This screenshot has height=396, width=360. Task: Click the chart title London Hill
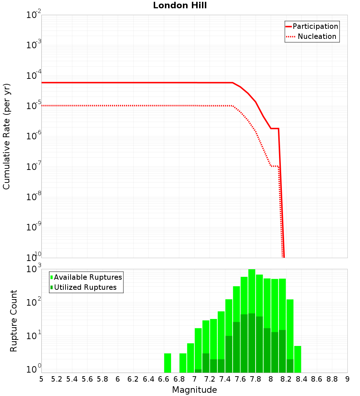click(x=180, y=6)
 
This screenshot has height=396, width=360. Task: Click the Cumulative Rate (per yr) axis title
click(x=6, y=136)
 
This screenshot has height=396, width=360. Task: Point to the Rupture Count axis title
click(x=14, y=321)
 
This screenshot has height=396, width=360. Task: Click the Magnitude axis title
click(x=194, y=390)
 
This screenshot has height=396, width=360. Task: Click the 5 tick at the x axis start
click(x=41, y=379)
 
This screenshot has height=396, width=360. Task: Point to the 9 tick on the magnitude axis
click(x=347, y=379)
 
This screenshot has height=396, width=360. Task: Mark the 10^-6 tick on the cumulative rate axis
click(x=34, y=136)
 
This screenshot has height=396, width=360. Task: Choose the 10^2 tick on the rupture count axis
click(x=35, y=302)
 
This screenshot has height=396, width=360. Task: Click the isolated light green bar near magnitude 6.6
click(x=167, y=363)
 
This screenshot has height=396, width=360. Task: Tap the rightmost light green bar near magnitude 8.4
click(x=298, y=359)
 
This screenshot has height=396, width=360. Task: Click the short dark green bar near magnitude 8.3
click(x=290, y=366)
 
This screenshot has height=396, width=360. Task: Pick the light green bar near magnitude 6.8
click(x=183, y=363)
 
